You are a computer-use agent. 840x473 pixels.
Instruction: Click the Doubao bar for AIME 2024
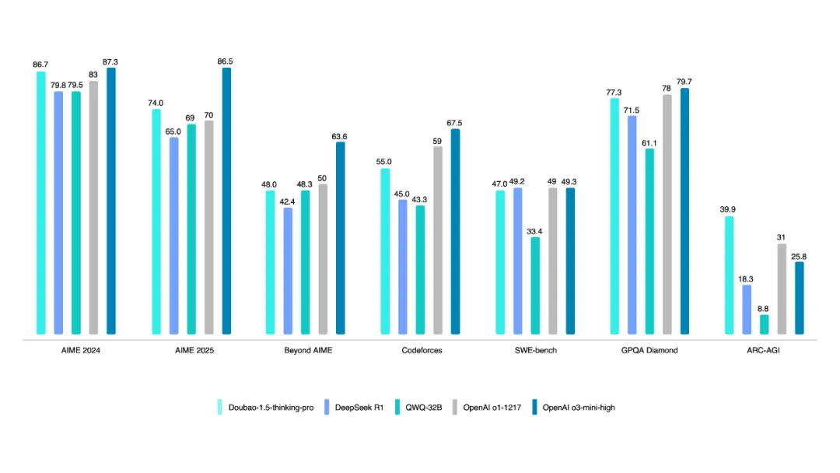click(40, 202)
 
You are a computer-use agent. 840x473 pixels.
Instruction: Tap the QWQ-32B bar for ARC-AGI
click(765, 324)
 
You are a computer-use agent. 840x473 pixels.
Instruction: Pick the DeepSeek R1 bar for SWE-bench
click(517, 261)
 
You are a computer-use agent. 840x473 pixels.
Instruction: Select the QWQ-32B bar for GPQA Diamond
click(649, 241)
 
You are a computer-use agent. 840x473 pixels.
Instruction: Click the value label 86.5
click(226, 60)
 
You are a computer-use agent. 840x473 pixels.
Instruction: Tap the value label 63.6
click(340, 136)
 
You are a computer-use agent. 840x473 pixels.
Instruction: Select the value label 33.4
click(536, 230)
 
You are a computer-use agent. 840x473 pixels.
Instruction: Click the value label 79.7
click(684, 81)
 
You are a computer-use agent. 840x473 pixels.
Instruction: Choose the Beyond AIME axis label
click(308, 351)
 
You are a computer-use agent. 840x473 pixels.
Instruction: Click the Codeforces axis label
click(422, 351)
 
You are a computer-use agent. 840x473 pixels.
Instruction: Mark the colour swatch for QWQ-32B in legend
click(398, 407)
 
